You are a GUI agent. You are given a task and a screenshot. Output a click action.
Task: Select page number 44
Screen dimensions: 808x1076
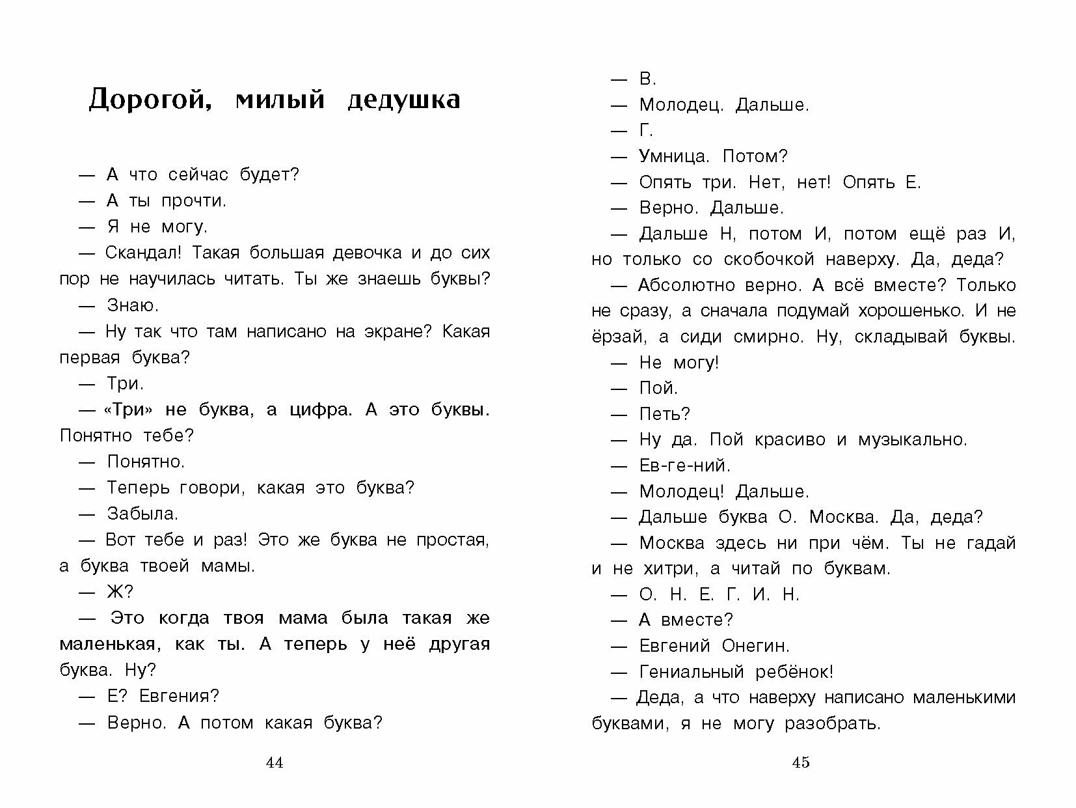click(x=275, y=763)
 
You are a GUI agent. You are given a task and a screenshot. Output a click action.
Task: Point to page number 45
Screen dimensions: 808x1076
click(x=801, y=763)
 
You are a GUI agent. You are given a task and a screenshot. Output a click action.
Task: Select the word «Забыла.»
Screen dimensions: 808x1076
click(x=142, y=514)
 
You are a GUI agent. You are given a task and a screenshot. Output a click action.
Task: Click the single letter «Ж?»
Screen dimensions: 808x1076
click(x=120, y=592)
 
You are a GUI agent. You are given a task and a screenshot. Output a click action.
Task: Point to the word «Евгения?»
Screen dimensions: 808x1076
click(x=180, y=696)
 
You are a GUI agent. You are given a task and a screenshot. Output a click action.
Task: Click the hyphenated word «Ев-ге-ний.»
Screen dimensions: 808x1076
click(x=685, y=466)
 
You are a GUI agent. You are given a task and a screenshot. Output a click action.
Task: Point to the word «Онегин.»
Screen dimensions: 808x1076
click(x=755, y=646)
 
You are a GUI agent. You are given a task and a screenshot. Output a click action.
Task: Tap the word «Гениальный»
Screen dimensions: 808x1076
click(x=692, y=671)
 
